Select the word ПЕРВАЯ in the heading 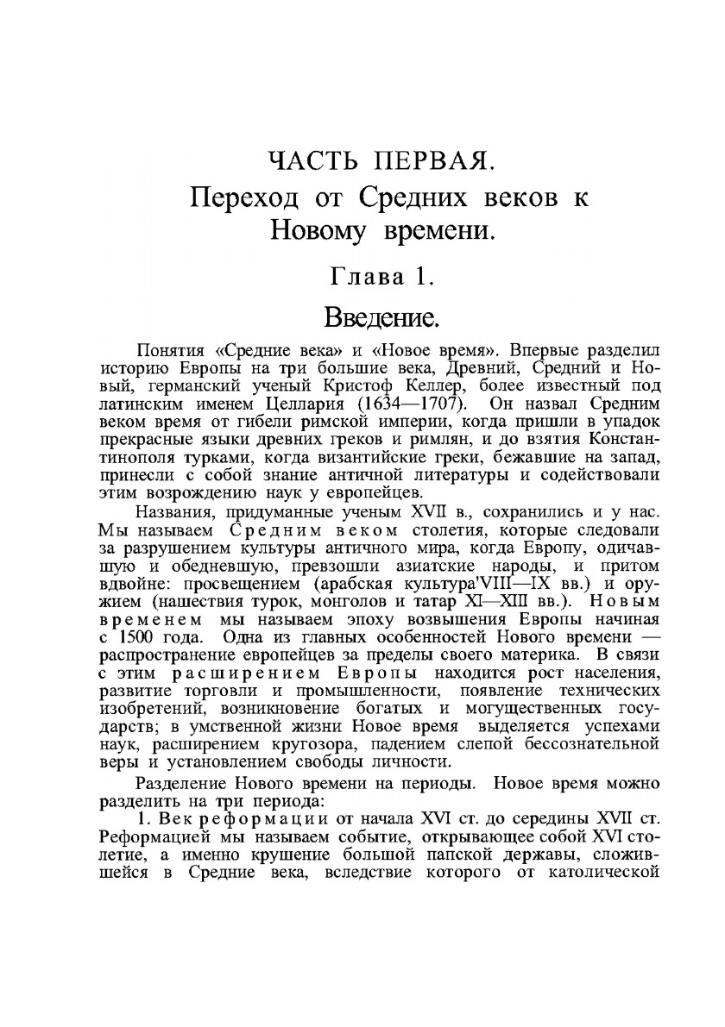tap(435, 161)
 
